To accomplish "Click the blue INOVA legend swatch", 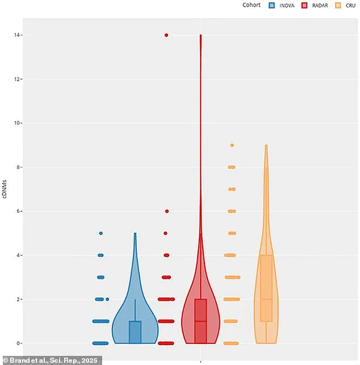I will pyautogui.click(x=272, y=6).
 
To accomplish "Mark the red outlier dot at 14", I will pyautogui.click(x=166, y=35).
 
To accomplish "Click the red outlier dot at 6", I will pyautogui.click(x=167, y=211).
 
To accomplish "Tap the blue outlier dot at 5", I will pyautogui.click(x=101, y=233).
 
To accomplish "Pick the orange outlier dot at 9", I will pyautogui.click(x=232, y=145).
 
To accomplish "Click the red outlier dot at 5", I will pyautogui.click(x=166, y=233).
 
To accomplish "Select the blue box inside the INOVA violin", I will pyautogui.click(x=135, y=332).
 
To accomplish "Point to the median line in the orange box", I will pyautogui.click(x=266, y=299).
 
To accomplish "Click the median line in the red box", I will pyautogui.click(x=200, y=321).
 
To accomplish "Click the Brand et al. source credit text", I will pyautogui.click(x=51, y=360).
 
